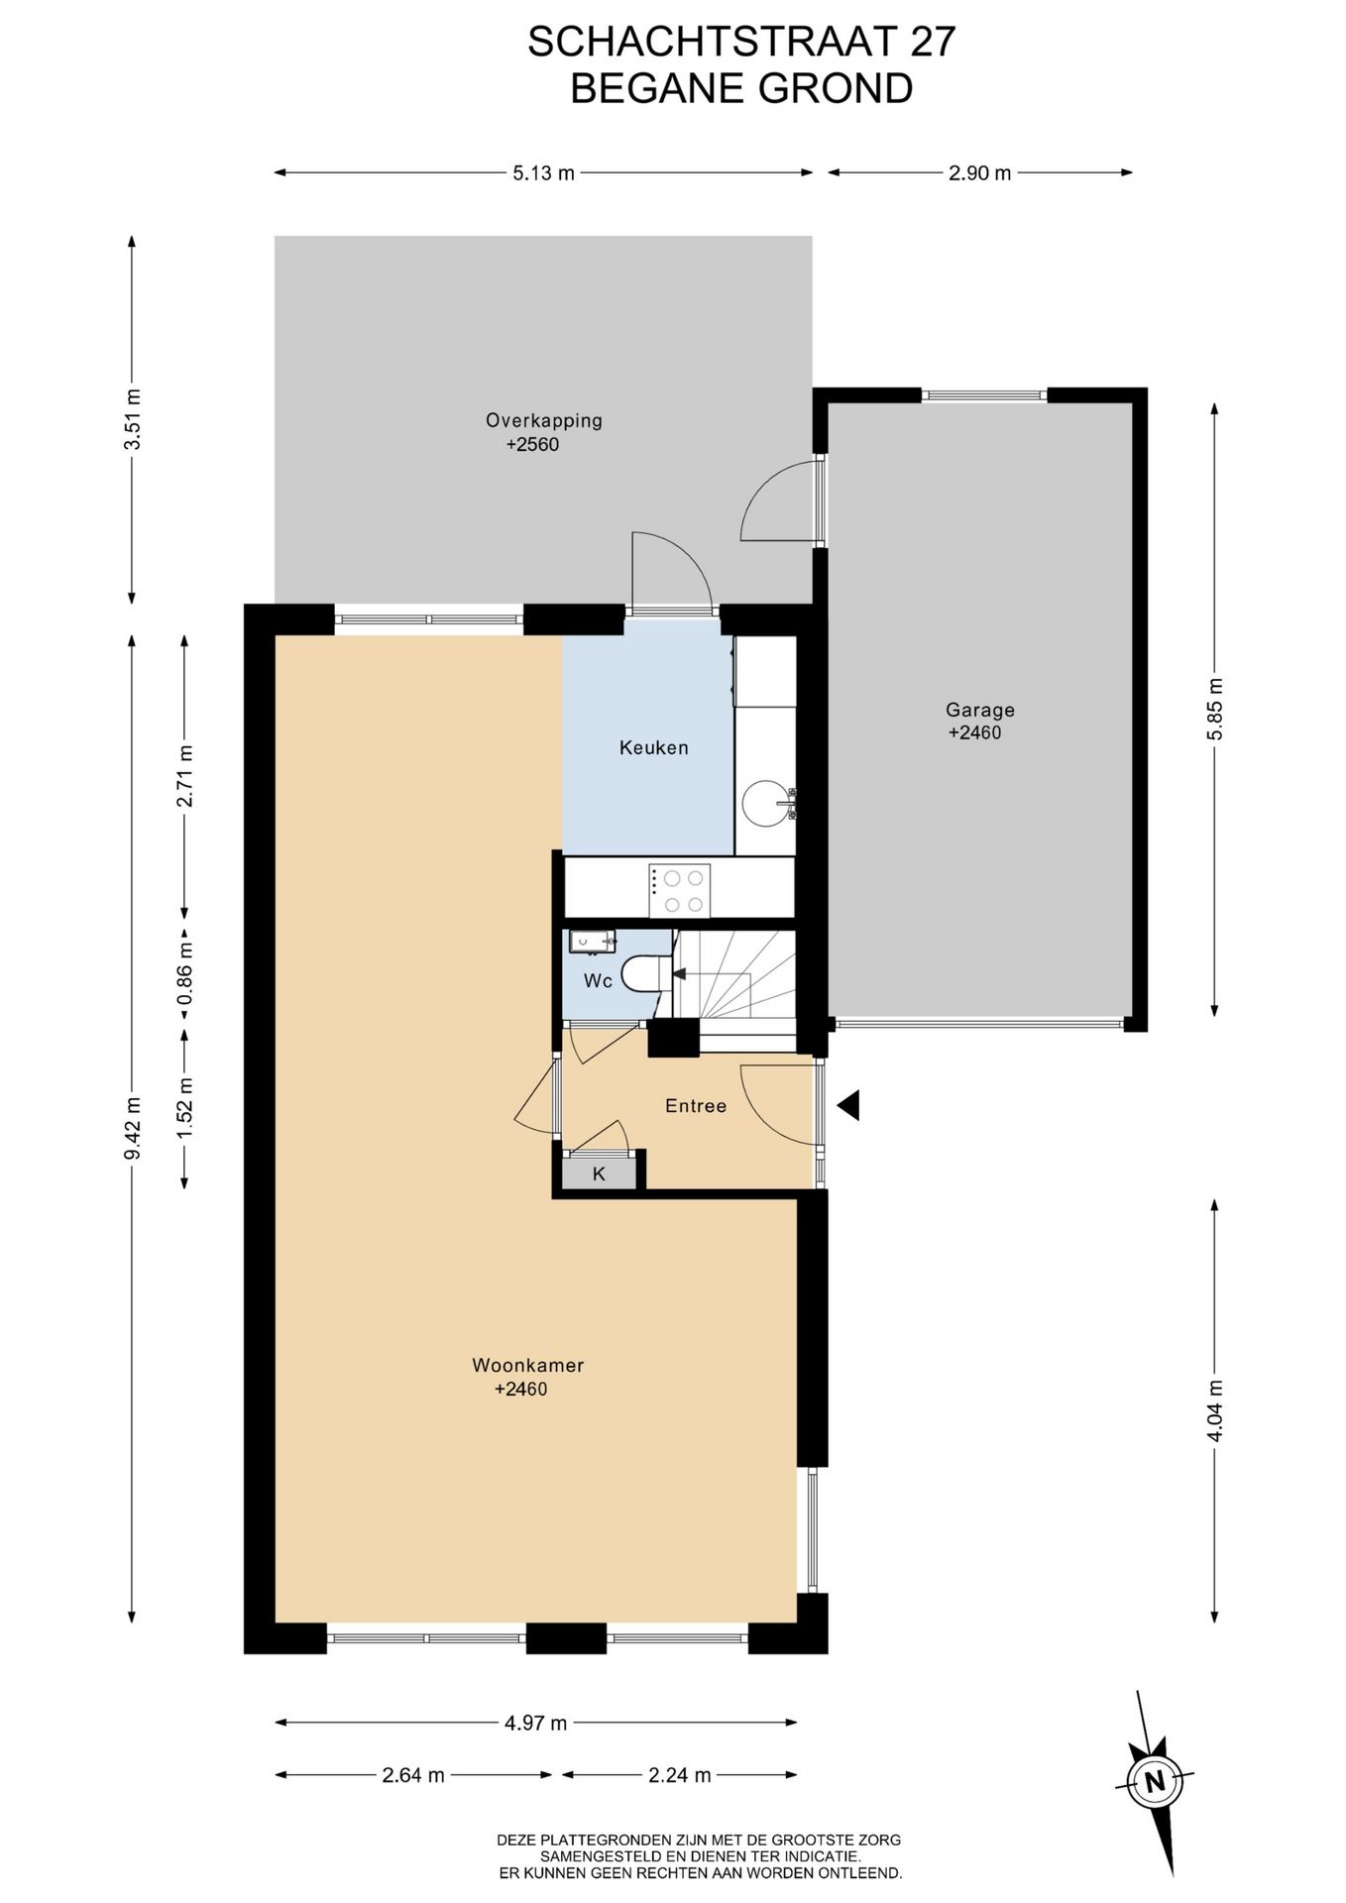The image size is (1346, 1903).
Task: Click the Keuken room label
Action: click(x=653, y=748)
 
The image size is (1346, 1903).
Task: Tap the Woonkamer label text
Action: click(x=527, y=1365)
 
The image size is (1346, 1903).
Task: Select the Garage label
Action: click(x=979, y=710)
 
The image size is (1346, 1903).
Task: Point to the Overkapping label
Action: click(x=543, y=420)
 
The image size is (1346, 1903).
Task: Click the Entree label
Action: click(x=696, y=1106)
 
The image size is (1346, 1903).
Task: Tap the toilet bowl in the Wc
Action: click(x=647, y=972)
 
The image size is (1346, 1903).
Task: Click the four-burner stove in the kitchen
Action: click(x=679, y=890)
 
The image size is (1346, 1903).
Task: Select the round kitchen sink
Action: click(x=766, y=802)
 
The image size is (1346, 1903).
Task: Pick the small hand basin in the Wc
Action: click(x=592, y=942)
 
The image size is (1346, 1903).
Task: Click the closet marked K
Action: click(x=599, y=1174)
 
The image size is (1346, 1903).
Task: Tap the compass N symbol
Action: click(x=1154, y=1781)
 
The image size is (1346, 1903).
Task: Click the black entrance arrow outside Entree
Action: click(x=847, y=1105)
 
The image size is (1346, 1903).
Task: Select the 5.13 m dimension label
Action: click(x=543, y=173)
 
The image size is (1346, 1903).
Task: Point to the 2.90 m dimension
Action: click(x=979, y=173)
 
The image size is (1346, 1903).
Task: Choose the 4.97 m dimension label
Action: click(x=535, y=1723)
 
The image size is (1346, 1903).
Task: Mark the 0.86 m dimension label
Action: click(x=185, y=971)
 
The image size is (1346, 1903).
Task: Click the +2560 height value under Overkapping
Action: click(x=532, y=445)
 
